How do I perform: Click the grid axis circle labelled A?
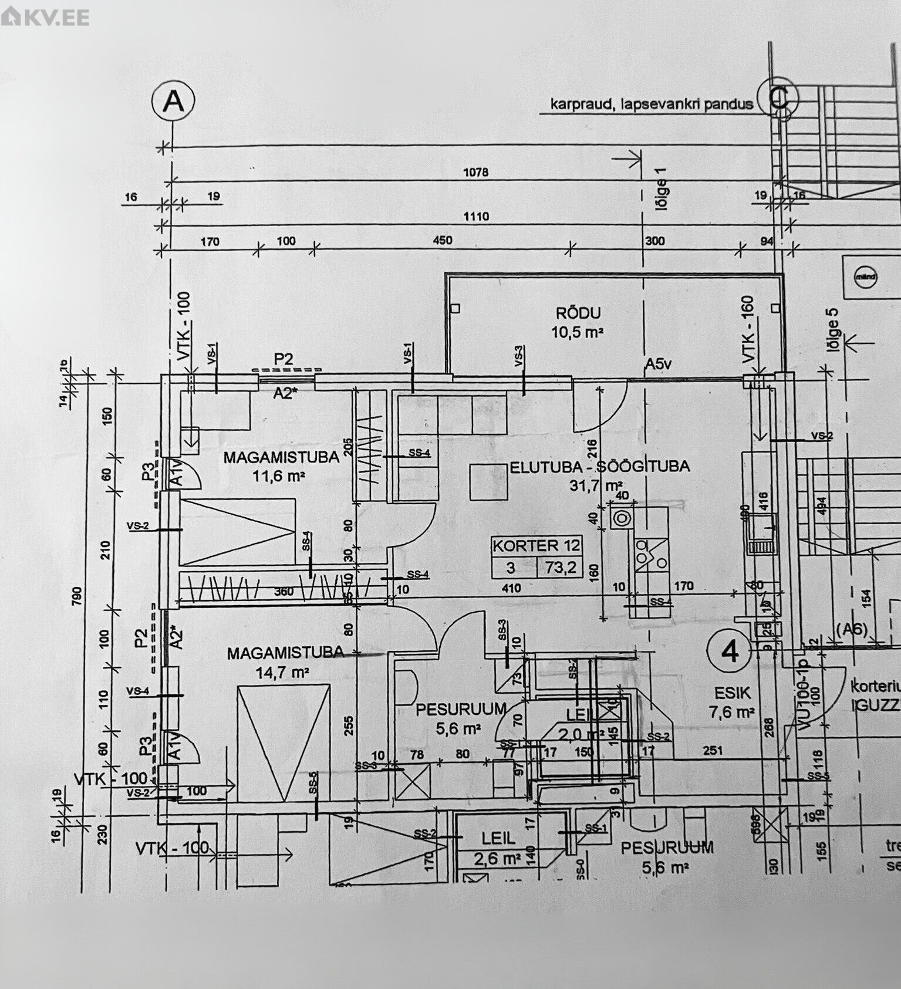pos(173,102)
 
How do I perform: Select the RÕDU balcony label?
pos(579,313)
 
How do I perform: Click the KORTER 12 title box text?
pos(536,545)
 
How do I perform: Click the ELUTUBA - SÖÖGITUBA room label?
pos(599,467)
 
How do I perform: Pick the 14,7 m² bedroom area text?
pos(282,673)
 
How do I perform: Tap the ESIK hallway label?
pos(732,693)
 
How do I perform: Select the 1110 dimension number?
pos(475,217)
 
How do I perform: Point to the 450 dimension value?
pos(442,240)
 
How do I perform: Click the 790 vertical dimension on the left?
pos(77,594)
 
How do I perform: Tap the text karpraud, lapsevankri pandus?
pos(651,104)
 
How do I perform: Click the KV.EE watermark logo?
pos(45,17)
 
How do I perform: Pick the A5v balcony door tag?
pos(658,364)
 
